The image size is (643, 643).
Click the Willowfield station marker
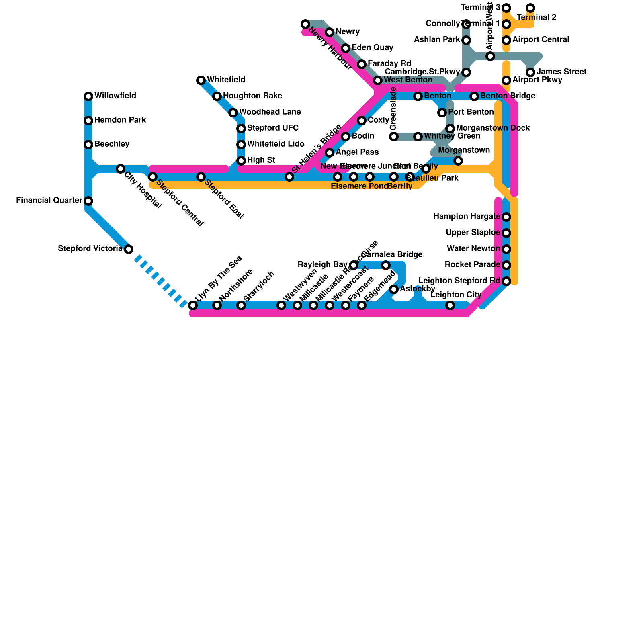(x=88, y=96)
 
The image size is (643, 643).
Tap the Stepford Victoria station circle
(x=129, y=249)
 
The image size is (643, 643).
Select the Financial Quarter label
(x=49, y=201)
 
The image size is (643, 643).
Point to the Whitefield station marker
(x=201, y=80)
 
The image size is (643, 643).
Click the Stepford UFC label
(x=272, y=128)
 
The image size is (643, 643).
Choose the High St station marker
(x=241, y=161)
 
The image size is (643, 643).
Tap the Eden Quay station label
(x=372, y=48)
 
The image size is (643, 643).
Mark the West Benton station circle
(x=378, y=80)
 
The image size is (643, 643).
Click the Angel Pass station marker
(x=330, y=153)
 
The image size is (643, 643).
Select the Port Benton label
(x=471, y=112)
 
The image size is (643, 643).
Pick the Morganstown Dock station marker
(x=450, y=129)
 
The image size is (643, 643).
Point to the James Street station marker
(x=530, y=72)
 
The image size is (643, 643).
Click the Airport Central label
(x=541, y=40)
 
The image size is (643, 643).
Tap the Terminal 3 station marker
(x=506, y=8)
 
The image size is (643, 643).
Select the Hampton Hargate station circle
(x=506, y=217)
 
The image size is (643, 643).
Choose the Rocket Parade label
(x=472, y=265)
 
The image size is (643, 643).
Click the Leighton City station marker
(x=450, y=305)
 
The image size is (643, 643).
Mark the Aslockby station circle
(x=394, y=289)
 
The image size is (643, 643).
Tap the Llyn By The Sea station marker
(x=193, y=305)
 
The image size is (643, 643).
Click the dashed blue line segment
(x=161, y=279)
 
